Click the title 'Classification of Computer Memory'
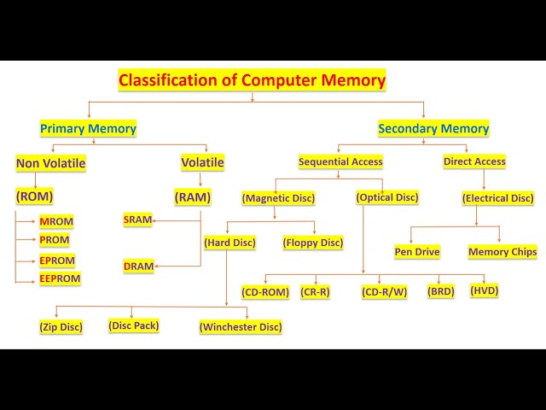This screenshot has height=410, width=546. coord(252,81)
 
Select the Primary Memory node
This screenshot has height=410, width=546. coord(88,129)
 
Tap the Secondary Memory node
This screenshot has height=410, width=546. coord(433,129)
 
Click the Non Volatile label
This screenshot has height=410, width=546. coord(51,163)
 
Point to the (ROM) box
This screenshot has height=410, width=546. coord(34,196)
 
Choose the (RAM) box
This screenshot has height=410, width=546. coord(193,197)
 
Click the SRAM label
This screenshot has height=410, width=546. coord(137,220)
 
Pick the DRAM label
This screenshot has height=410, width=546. coord(138,266)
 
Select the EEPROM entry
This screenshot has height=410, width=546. coord(60,278)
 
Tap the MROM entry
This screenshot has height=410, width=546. coord(56,221)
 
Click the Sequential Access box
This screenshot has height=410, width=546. coord(340,161)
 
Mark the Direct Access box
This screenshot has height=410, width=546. coord(474,161)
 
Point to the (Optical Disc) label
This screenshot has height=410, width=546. coord(387,197)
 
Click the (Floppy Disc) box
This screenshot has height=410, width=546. coord(312,243)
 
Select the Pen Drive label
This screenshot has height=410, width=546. coord(417,252)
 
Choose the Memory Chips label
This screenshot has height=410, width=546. coord(502,252)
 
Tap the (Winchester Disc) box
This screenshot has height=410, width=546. coord(241,326)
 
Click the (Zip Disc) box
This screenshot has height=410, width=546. coord(61,326)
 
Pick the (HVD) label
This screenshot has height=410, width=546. coord(485,290)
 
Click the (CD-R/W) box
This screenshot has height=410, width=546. coord(385,292)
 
